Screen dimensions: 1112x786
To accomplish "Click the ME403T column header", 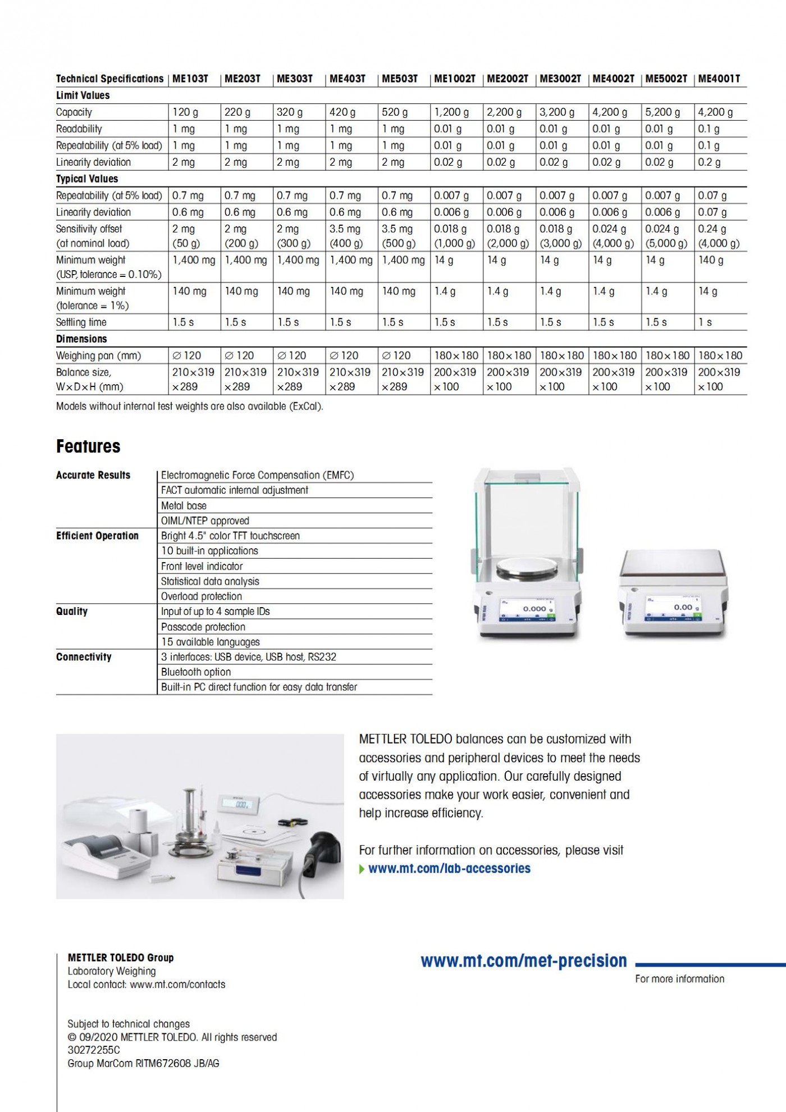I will click(347, 79).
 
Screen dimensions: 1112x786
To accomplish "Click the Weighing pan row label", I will click(98, 356).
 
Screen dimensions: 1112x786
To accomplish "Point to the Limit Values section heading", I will click(83, 95).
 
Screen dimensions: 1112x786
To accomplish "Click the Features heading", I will click(88, 446).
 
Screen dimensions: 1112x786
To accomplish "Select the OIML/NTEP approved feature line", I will click(205, 521).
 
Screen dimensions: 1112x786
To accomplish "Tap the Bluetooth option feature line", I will click(196, 672).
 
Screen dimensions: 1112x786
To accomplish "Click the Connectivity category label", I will click(84, 657).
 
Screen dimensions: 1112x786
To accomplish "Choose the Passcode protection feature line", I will click(203, 627).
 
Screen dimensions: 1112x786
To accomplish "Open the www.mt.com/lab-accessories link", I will click(449, 868).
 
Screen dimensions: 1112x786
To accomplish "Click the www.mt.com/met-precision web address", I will click(523, 961).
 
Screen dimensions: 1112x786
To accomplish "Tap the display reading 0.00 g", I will click(683, 607).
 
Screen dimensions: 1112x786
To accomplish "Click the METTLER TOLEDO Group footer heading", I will click(121, 958).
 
